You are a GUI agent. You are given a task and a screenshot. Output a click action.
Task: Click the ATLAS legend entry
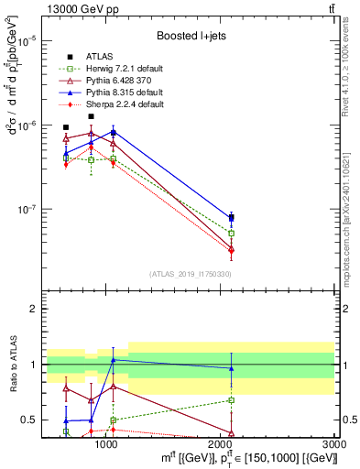click(x=99, y=56)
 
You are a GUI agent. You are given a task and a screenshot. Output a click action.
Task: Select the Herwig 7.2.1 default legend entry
click(x=124, y=69)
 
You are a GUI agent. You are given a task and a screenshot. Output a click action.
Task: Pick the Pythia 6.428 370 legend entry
click(x=119, y=81)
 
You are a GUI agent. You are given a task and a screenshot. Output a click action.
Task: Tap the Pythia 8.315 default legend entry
click(x=124, y=93)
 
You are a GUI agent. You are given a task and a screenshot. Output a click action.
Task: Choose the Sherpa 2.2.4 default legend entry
click(x=124, y=104)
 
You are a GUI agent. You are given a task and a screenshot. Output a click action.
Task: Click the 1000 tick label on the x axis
click(x=106, y=443)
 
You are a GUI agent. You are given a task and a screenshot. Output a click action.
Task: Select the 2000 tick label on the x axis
click(x=220, y=443)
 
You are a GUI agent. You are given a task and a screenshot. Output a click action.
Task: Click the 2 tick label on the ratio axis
click(x=32, y=309)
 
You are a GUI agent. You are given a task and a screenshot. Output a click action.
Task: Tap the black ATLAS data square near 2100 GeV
click(x=231, y=218)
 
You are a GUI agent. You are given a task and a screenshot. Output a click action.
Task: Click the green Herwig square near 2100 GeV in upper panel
click(x=231, y=234)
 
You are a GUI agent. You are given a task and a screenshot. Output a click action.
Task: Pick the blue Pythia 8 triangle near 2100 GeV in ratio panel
click(x=231, y=368)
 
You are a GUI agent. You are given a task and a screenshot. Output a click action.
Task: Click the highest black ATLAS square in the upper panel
click(x=91, y=116)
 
